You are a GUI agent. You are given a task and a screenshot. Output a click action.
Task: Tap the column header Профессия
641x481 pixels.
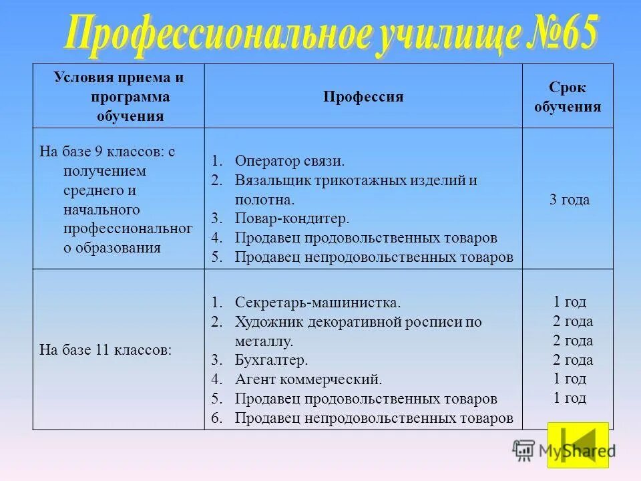pos(363,97)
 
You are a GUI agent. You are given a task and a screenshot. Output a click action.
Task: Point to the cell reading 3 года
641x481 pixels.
pos(569,200)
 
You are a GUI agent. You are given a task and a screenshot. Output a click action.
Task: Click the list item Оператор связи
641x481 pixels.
pos(290,161)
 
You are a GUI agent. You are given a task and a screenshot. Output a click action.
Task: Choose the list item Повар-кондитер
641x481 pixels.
pos(292,218)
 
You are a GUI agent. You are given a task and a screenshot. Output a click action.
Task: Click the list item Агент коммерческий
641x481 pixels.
pos(308,379)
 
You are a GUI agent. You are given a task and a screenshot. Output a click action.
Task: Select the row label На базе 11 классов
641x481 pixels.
pos(105,349)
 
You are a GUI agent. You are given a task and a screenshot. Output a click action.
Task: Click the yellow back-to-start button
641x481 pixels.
pos(578,444)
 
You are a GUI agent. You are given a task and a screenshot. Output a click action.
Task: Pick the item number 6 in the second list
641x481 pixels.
pos(216,418)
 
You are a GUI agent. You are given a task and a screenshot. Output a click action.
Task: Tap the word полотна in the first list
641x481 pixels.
pos(263,199)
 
